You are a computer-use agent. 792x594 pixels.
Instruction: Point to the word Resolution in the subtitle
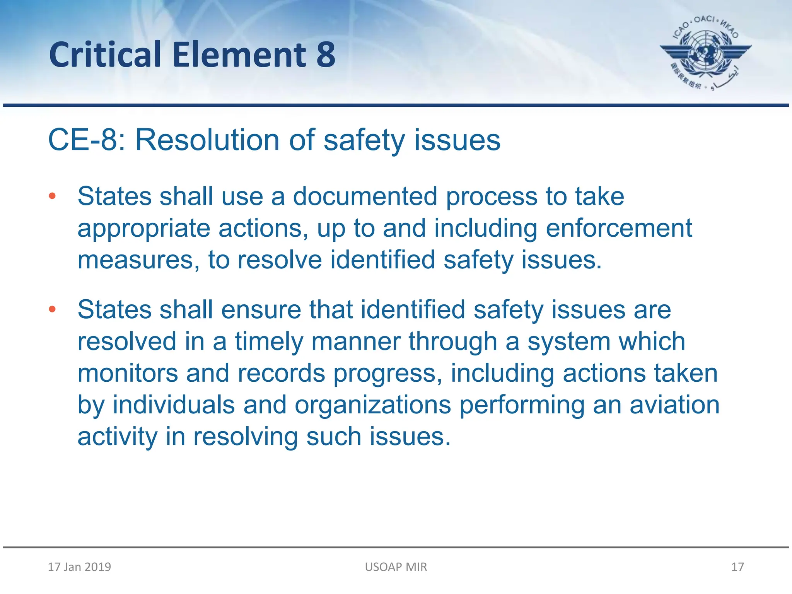coord(207,140)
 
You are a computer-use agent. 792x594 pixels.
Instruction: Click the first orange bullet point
coord(52,196)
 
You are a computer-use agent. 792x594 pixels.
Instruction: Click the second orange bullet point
coord(52,309)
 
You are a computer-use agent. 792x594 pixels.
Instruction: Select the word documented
coord(365,196)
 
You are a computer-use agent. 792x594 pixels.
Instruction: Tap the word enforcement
coord(619,228)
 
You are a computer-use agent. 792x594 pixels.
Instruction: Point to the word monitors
coord(128,374)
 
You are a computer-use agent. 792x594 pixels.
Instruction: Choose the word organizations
coord(373,405)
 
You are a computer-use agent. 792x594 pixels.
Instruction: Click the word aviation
coord(674,405)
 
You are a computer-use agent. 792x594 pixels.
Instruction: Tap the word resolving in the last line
coord(246,437)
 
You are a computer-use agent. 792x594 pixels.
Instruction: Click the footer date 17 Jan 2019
coord(79,567)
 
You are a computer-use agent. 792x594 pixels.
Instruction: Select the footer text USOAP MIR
coord(396,567)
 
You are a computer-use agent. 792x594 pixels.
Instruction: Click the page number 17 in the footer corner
coord(737,567)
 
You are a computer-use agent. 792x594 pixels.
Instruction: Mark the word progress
coord(388,374)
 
